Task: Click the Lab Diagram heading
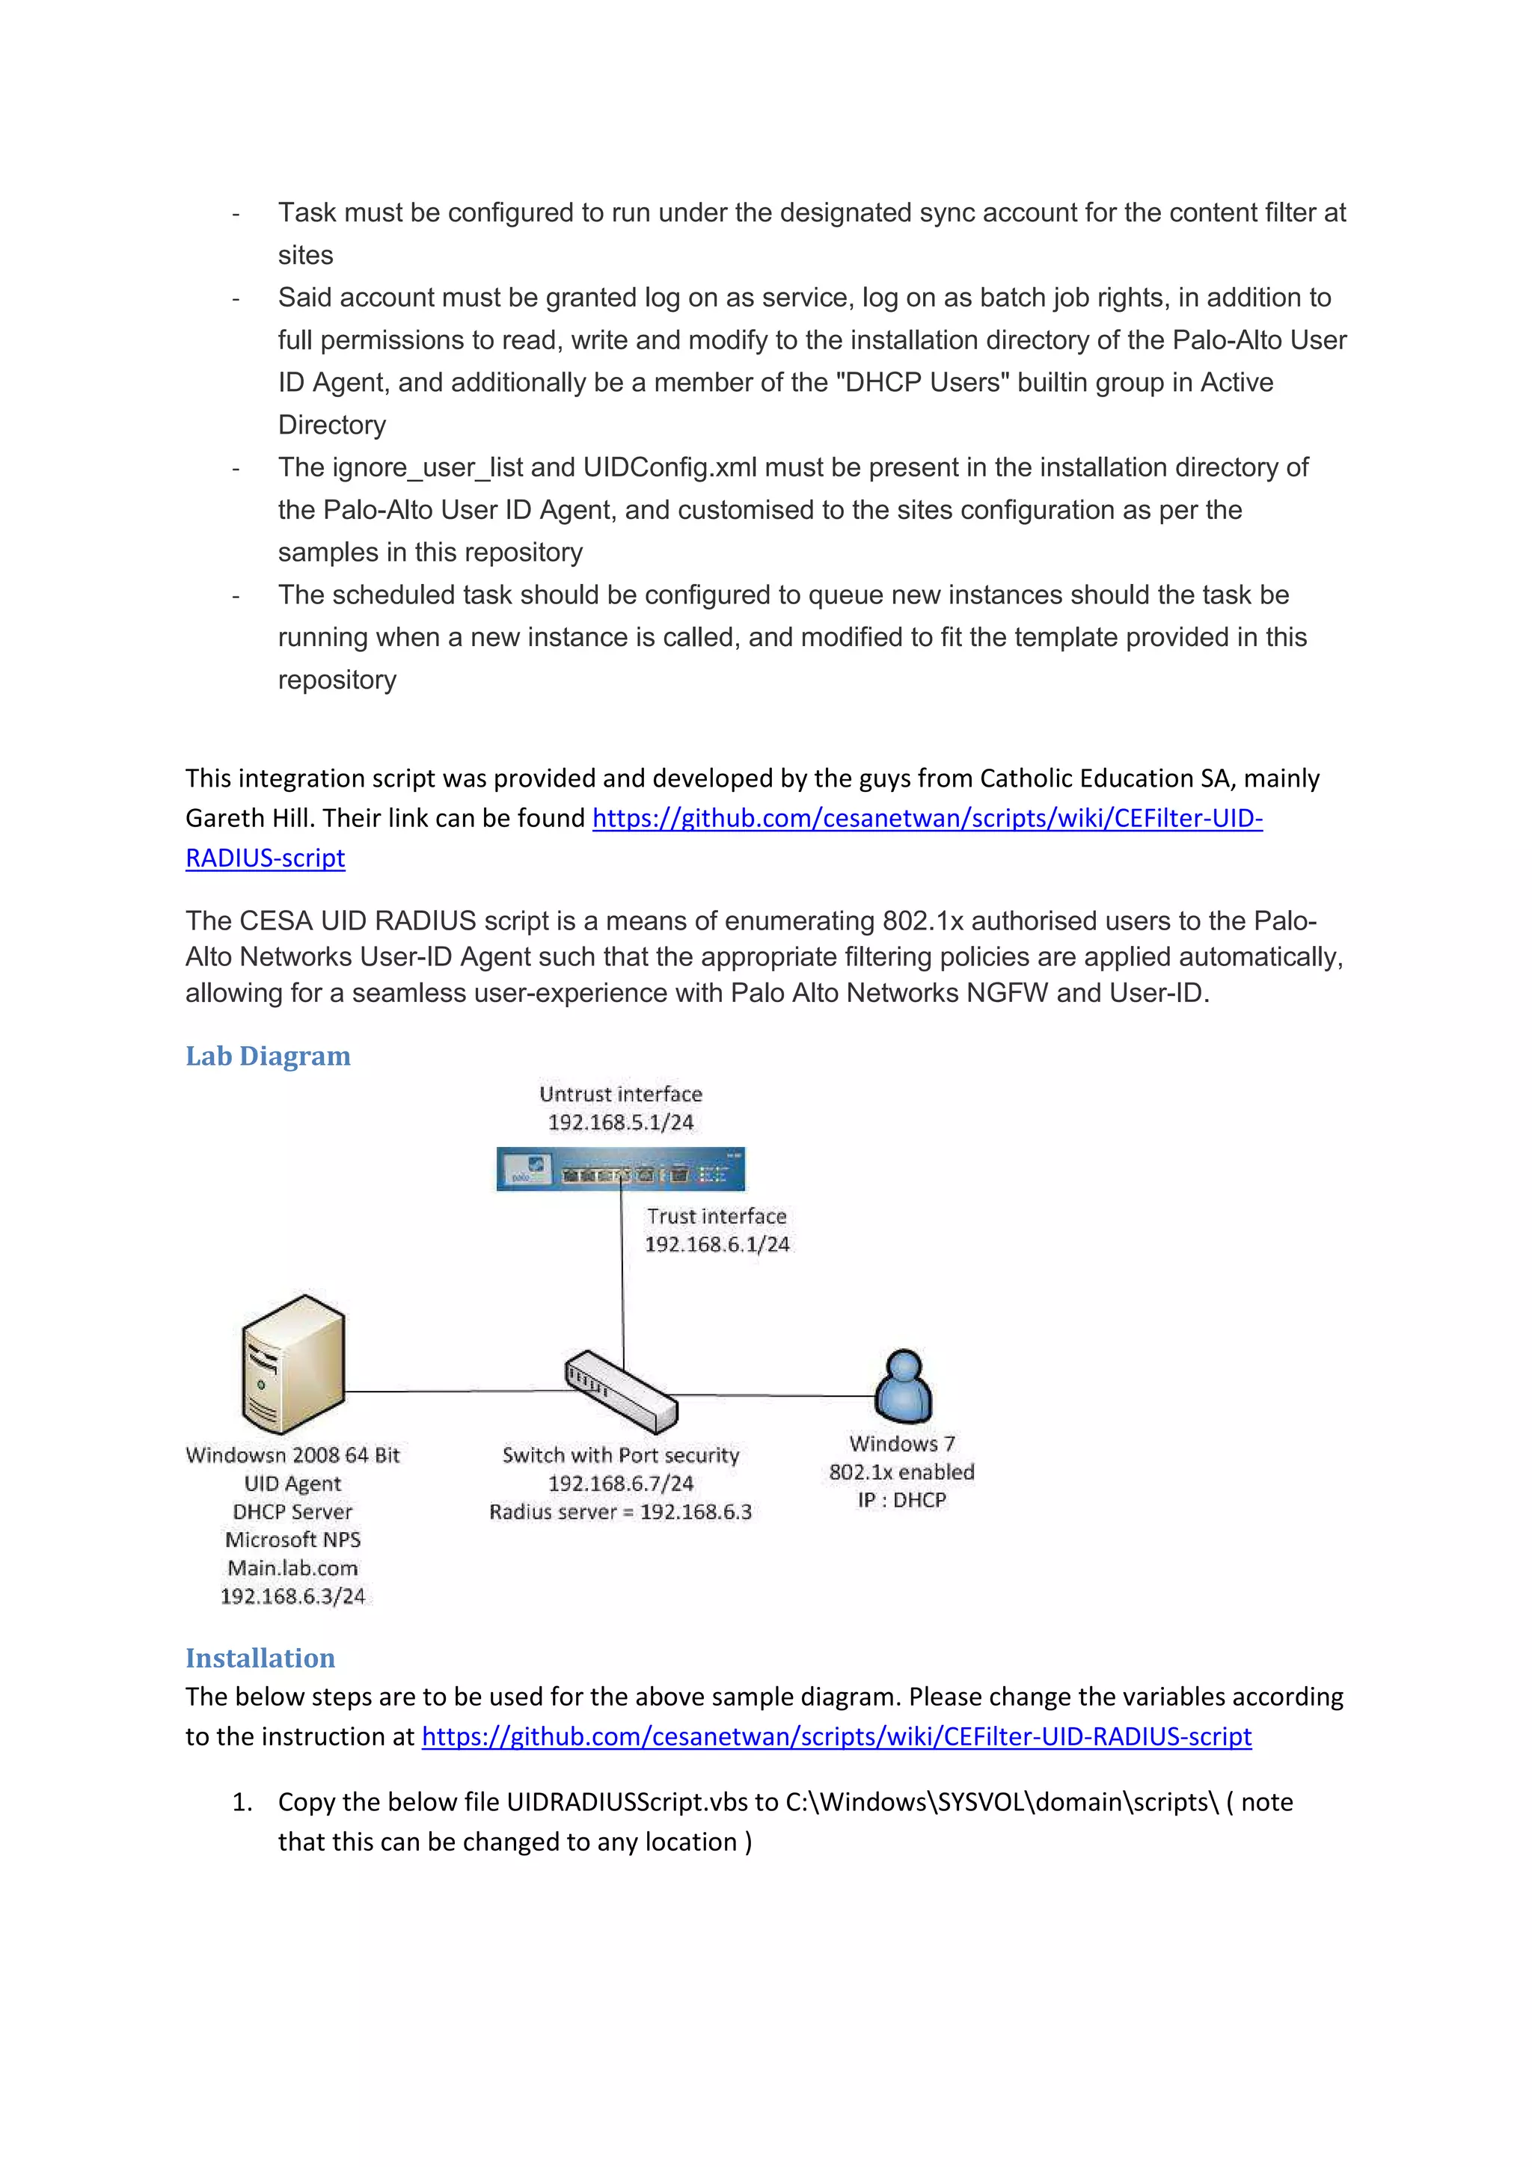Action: (267, 1055)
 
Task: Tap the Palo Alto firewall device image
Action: (620, 1169)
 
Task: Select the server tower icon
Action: (292, 1364)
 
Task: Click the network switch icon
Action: (621, 1392)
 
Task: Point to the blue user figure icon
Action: (904, 1386)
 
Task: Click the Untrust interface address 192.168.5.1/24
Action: (620, 1122)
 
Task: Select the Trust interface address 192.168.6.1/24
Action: (717, 1244)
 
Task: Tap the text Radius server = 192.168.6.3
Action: (620, 1512)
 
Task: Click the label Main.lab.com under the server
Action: (292, 1568)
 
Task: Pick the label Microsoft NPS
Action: (292, 1540)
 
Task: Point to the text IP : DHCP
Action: (901, 1500)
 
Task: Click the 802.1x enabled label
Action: (901, 1472)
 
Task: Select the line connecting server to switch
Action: (453, 1391)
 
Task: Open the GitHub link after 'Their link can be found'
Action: (927, 818)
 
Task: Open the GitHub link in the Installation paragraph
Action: (836, 1736)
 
